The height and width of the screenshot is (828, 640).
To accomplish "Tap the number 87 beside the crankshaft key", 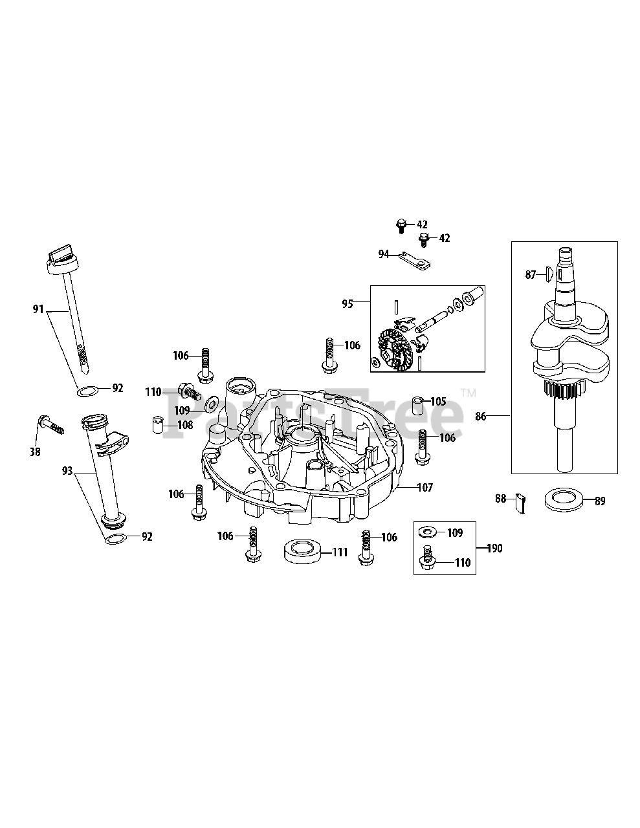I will tap(531, 275).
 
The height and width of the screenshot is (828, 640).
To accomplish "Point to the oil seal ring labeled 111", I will tap(302, 552).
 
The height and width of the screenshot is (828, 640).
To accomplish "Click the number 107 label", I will tap(425, 487).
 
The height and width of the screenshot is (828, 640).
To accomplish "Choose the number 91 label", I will tap(39, 310).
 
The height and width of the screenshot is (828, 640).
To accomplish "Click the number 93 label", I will tap(67, 472).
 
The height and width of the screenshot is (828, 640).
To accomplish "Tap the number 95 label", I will tap(348, 303).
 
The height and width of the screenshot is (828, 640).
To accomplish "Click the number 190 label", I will tap(494, 549).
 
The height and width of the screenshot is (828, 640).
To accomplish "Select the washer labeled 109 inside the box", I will tap(426, 532).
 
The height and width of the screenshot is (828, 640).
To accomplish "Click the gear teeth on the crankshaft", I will tap(564, 391).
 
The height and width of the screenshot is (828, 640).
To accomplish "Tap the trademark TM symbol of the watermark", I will tap(469, 393).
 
